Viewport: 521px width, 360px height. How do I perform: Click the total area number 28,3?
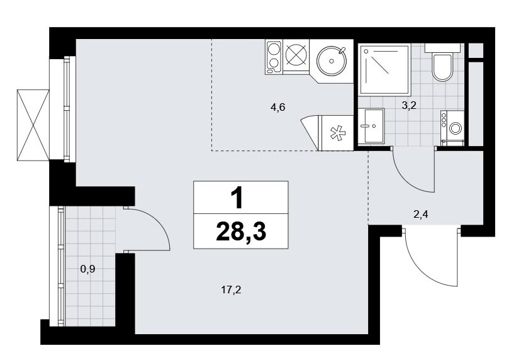(x=241, y=232)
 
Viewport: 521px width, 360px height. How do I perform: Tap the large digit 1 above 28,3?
(x=238, y=198)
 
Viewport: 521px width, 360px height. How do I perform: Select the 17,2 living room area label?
(x=231, y=290)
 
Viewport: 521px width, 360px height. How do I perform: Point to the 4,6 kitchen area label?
(x=277, y=108)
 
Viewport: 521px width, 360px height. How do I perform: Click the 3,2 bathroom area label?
(x=409, y=106)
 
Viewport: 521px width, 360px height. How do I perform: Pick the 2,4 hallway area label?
(x=420, y=215)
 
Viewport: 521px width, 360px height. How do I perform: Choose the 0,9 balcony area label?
(x=87, y=269)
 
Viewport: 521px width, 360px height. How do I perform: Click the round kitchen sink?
(x=332, y=61)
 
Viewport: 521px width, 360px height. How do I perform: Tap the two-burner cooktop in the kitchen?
(x=274, y=57)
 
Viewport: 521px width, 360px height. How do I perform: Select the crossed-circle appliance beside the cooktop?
(x=295, y=55)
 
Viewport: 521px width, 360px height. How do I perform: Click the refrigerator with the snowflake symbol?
(x=336, y=133)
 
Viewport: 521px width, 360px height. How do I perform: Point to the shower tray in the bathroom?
(x=384, y=69)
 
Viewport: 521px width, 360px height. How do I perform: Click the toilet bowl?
(x=442, y=67)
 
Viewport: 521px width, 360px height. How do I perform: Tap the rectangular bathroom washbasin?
(x=371, y=126)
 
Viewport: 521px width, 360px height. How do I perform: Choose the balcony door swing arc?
(x=159, y=221)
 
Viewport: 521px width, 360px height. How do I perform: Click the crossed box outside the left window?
(x=33, y=125)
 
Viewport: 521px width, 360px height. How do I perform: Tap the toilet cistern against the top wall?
(x=442, y=48)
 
